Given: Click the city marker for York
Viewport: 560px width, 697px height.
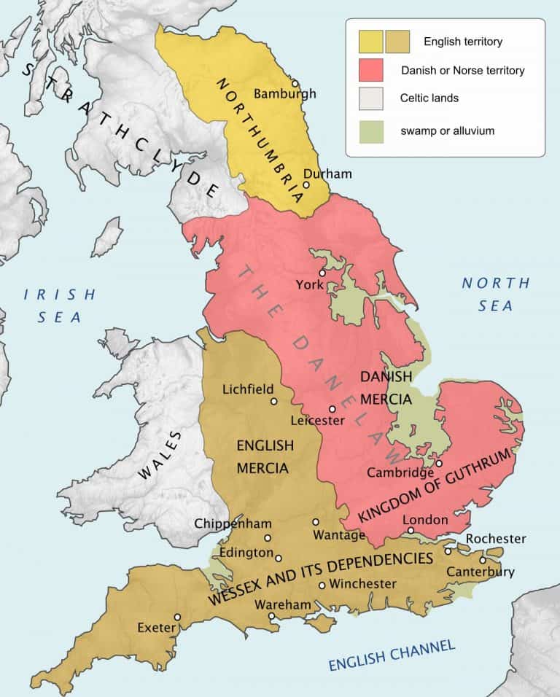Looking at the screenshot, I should tap(322, 272).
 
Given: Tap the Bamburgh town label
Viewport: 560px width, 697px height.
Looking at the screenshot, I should tap(285, 94).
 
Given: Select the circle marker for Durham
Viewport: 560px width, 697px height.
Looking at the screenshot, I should tap(307, 184).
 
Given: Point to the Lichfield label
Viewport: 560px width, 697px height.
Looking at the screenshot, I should tap(248, 389).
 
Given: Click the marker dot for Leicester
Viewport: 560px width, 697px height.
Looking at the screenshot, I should tap(332, 409).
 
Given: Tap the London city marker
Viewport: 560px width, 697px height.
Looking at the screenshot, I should tap(411, 531).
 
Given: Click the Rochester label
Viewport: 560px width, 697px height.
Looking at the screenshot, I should tap(496, 539).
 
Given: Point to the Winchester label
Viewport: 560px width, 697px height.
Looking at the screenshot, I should tap(363, 584).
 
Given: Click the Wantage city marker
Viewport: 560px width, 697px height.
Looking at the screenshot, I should tap(316, 522).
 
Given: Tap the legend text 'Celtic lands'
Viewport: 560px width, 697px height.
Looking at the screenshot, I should tap(429, 98).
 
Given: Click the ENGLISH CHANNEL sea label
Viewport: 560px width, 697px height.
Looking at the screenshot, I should tap(391, 655).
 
